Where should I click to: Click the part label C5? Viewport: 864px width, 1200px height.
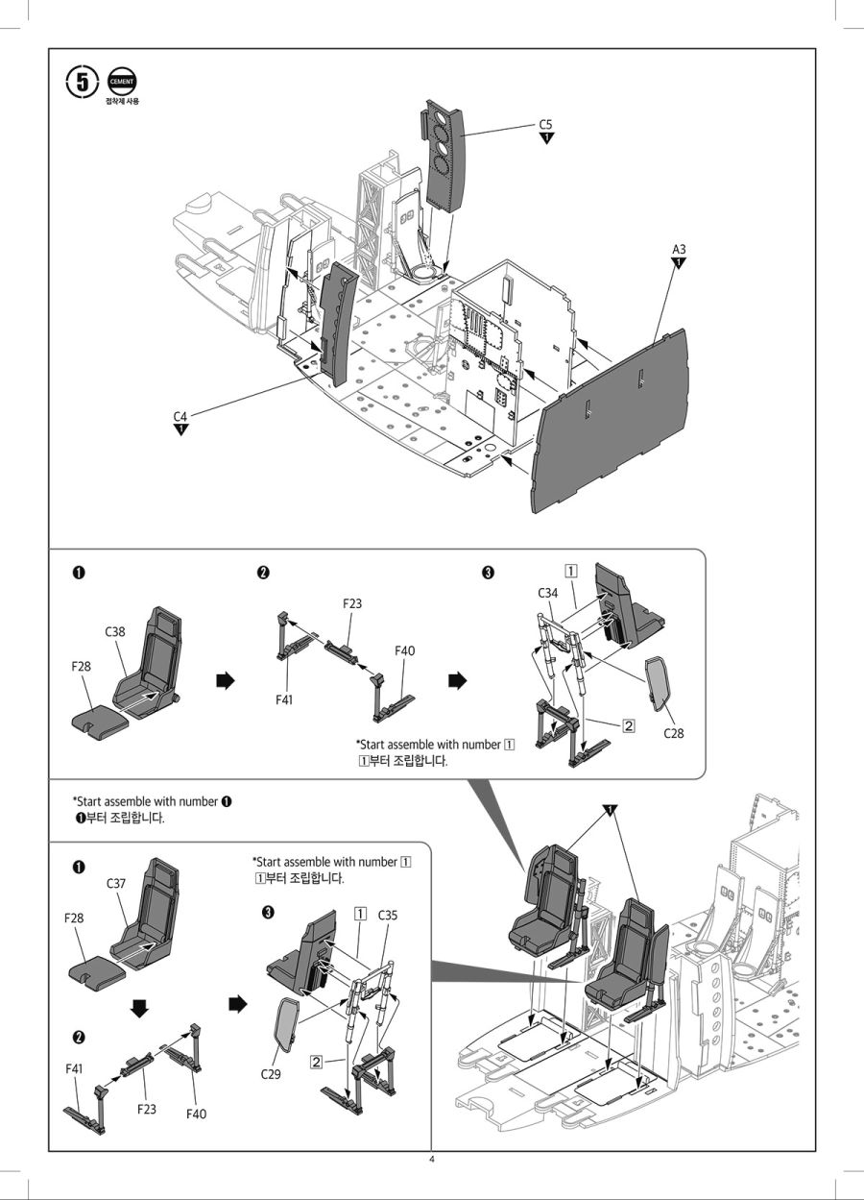[545, 125]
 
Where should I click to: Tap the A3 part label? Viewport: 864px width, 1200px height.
[679, 250]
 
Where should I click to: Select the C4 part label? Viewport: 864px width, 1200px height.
[180, 416]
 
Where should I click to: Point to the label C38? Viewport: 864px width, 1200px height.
[115, 632]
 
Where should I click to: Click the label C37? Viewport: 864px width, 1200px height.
[116, 883]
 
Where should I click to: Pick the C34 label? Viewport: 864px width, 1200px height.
[547, 594]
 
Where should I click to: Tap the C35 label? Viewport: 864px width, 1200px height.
[388, 916]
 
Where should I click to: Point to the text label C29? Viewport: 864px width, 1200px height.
[271, 1074]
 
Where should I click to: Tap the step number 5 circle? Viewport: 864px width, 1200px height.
[83, 82]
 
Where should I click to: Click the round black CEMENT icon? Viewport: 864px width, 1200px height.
[122, 82]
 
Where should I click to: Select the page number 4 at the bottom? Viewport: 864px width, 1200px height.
[432, 1160]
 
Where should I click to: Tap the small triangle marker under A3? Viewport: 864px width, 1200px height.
[679, 263]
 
